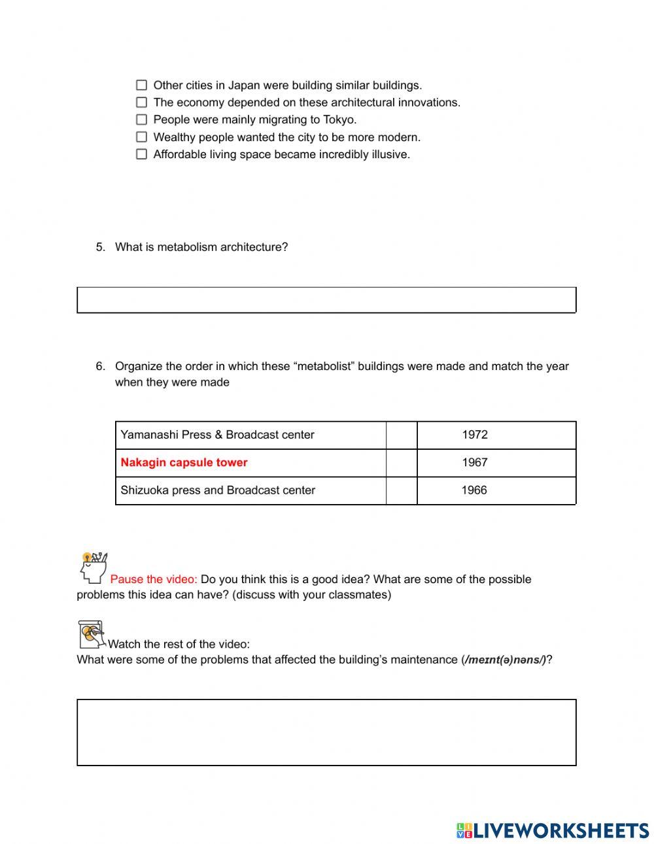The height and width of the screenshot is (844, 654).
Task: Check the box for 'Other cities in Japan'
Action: point(141,85)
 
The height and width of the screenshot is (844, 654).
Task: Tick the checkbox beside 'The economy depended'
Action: point(141,102)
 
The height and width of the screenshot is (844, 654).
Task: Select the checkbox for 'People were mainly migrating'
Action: point(141,120)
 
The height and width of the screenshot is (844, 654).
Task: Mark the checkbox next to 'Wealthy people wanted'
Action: point(141,137)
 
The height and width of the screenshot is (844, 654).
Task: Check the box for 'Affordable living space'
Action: point(141,154)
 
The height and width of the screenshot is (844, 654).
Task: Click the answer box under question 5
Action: point(326,300)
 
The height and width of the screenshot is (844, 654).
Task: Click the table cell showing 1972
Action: point(474,435)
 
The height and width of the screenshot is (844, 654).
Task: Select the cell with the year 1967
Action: point(474,463)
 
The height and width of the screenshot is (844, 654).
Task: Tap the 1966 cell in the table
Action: point(474,490)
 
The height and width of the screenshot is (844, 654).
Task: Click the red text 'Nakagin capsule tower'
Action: point(184,463)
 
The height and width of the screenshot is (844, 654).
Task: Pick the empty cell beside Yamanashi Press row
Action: point(402,435)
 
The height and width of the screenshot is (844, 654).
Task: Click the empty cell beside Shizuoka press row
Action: point(402,490)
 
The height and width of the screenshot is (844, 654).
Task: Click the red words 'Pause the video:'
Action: point(153,579)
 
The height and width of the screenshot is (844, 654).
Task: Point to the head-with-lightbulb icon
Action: point(93,567)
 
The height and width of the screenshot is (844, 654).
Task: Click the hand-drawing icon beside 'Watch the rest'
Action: point(92,635)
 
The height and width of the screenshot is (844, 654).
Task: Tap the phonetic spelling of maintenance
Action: point(506,660)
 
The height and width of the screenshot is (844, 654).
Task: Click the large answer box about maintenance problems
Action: point(326,732)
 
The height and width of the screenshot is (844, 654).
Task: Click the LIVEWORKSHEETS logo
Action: point(553,830)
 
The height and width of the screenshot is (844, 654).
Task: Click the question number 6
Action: point(100,366)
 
